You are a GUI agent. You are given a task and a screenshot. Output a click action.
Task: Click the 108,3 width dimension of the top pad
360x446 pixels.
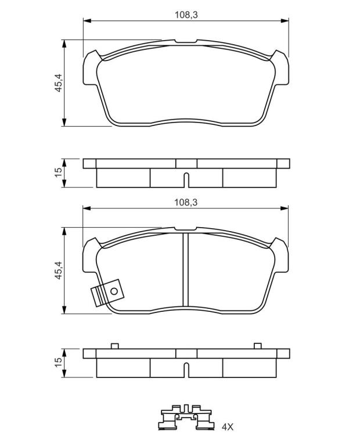click(186, 15)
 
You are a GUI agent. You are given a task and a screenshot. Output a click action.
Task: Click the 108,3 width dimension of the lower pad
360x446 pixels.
click(186, 203)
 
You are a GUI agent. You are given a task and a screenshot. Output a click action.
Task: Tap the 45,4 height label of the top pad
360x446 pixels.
click(59, 82)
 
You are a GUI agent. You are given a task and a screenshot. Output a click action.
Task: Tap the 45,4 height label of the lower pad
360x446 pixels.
click(59, 270)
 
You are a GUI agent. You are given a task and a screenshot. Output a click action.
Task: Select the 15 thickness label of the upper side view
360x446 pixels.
click(58, 172)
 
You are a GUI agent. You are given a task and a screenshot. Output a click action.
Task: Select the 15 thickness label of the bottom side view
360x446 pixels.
click(58, 362)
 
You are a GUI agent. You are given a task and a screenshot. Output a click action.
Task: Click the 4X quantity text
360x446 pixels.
click(227, 427)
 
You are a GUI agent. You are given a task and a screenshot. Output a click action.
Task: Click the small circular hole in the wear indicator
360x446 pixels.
click(114, 292)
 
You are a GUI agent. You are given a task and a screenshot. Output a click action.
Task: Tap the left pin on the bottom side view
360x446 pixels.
click(114, 346)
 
